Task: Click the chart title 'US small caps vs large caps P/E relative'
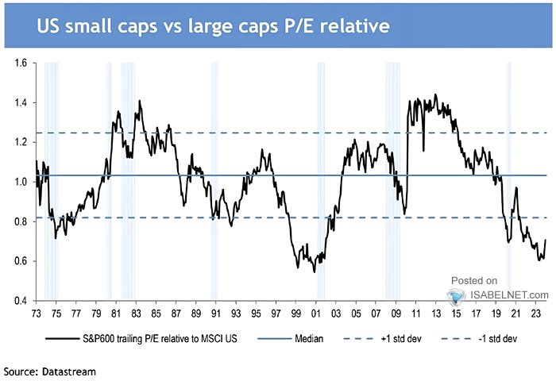click(x=213, y=25)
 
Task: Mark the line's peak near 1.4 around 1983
click(x=140, y=101)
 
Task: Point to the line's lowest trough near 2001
click(x=315, y=271)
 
